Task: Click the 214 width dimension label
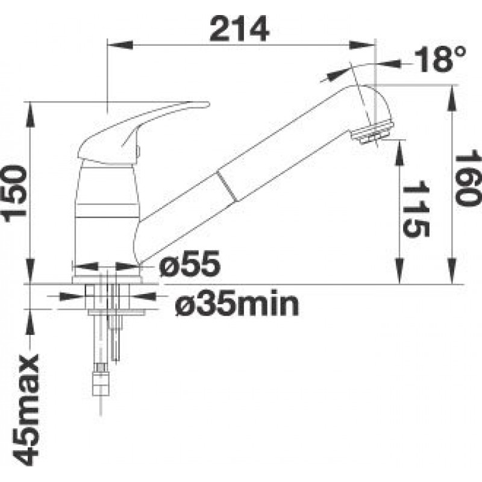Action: pyautogui.click(x=239, y=29)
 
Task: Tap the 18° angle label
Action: pyautogui.click(x=440, y=60)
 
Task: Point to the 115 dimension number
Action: pyautogui.click(x=415, y=209)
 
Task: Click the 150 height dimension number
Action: pyautogui.click(x=14, y=193)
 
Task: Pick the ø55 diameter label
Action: pyautogui.click(x=190, y=263)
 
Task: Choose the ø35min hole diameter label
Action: pyautogui.click(x=237, y=303)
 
